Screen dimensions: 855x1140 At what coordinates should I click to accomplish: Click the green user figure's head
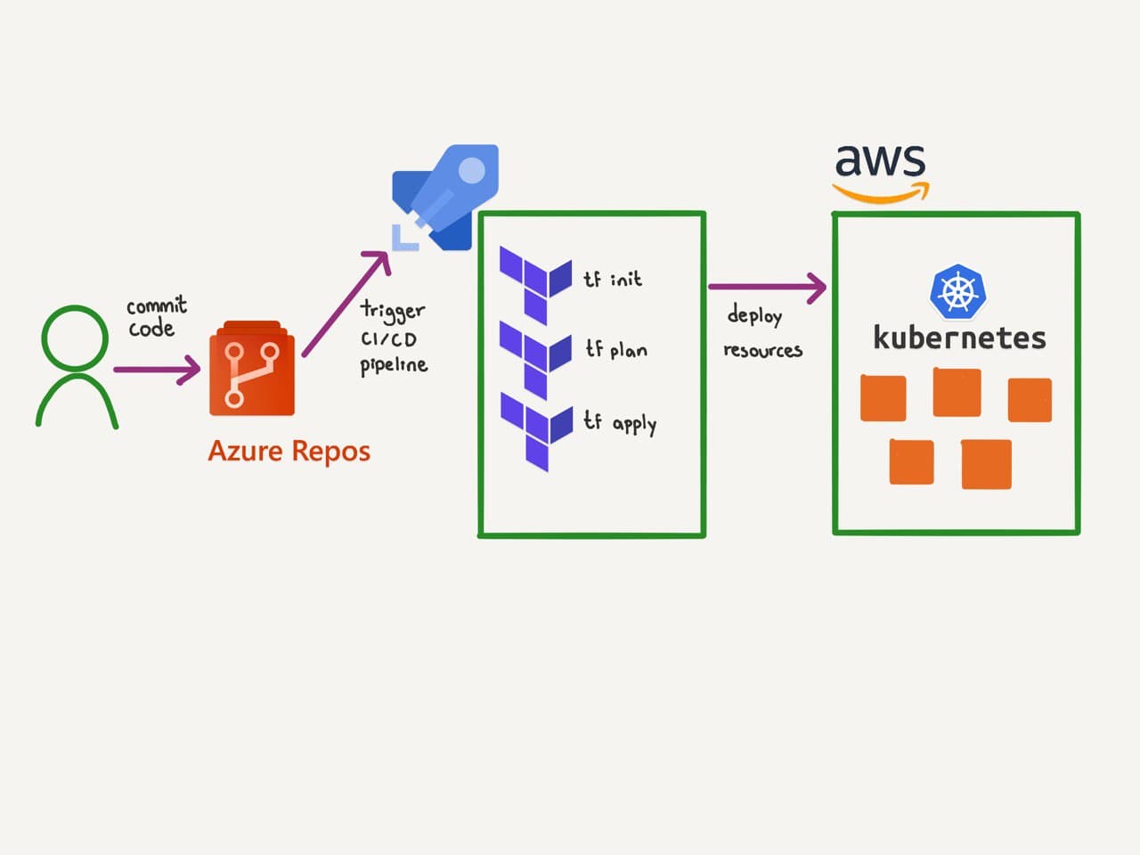click(75, 338)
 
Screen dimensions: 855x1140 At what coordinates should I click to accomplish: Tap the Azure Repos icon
click(251, 370)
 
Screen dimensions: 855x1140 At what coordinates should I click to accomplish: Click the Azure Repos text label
click(289, 451)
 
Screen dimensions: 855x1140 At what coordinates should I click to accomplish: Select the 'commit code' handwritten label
click(156, 317)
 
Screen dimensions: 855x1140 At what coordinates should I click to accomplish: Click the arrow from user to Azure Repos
click(157, 369)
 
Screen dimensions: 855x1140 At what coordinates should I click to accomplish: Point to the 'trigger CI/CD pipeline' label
click(393, 338)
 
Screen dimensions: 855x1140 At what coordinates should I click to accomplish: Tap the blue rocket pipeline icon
click(448, 198)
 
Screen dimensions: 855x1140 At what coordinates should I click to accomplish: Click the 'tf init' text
click(612, 279)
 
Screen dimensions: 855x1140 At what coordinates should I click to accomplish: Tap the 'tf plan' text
click(615, 349)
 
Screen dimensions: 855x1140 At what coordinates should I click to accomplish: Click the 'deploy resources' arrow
click(767, 287)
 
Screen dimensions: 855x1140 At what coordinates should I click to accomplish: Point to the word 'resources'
click(762, 350)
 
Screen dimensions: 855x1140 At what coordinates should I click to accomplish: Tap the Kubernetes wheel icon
click(957, 291)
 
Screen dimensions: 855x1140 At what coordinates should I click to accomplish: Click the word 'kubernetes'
click(959, 338)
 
